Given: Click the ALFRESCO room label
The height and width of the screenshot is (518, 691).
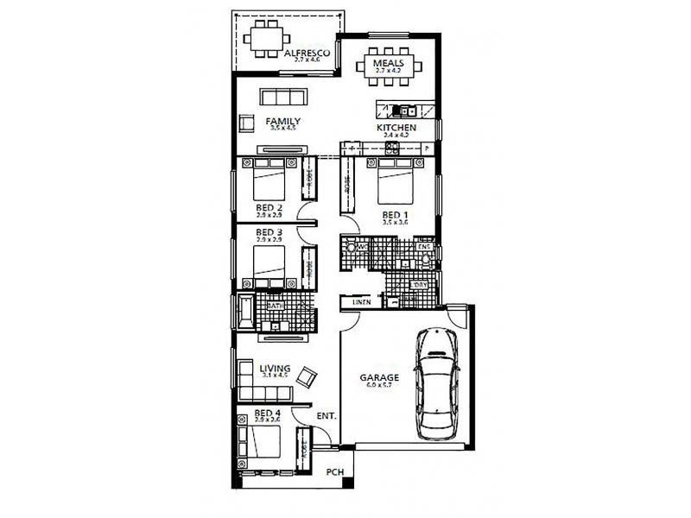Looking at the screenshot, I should (x=307, y=54).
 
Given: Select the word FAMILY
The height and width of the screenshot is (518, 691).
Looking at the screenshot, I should (x=282, y=122).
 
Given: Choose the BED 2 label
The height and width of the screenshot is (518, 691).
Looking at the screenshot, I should (x=269, y=208).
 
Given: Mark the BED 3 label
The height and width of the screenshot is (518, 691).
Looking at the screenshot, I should (x=269, y=232).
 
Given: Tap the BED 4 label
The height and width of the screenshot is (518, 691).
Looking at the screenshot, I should (x=268, y=414).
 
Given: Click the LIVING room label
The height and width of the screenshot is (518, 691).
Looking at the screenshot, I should (x=275, y=369).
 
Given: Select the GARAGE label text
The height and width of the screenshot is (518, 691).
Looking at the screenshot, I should (x=379, y=378).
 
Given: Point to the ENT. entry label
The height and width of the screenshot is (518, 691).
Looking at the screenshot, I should (x=326, y=416).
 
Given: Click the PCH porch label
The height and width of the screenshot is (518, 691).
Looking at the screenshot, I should (x=334, y=472).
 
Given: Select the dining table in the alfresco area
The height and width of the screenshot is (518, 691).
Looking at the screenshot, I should (x=263, y=39).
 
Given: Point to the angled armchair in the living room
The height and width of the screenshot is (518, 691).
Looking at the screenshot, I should (x=307, y=376).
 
